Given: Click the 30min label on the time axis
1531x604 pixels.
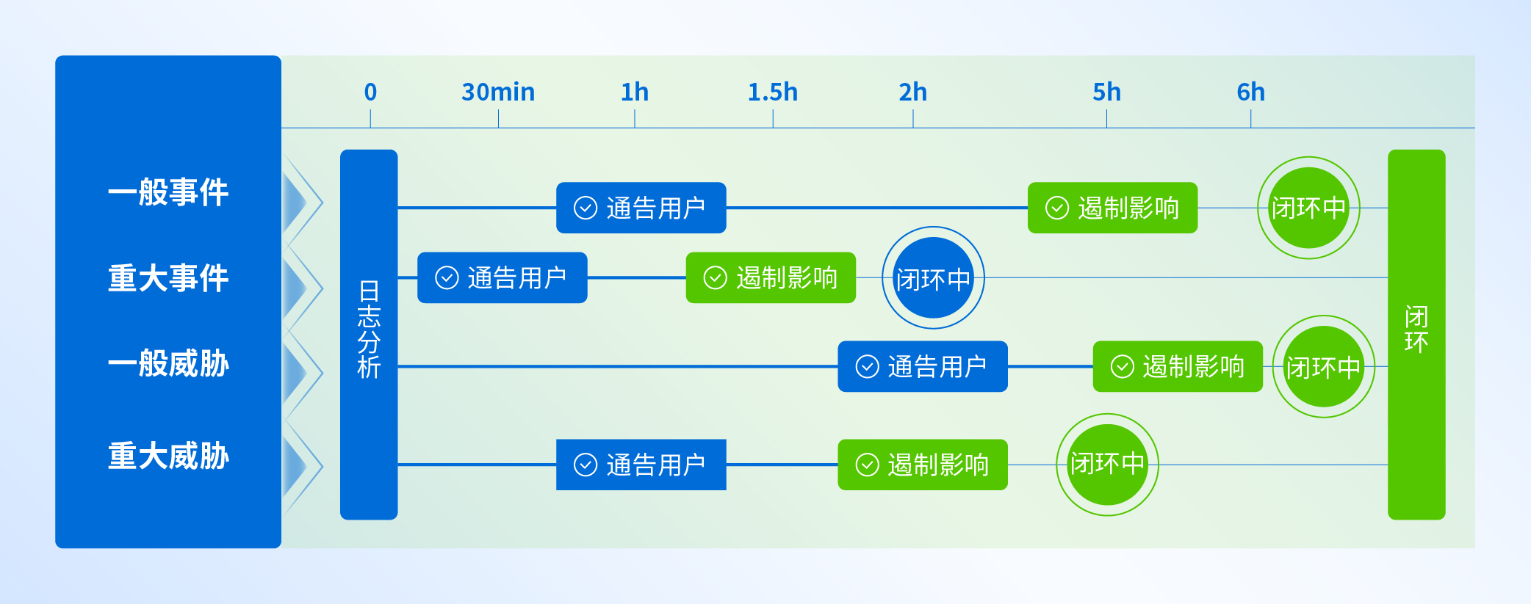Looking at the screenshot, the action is pyautogui.click(x=498, y=92).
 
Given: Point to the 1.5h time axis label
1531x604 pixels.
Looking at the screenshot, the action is pyautogui.click(x=773, y=92).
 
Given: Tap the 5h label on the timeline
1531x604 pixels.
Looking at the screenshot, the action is pyautogui.click(x=1106, y=92).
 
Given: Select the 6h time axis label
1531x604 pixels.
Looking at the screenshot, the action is pyautogui.click(x=1250, y=92).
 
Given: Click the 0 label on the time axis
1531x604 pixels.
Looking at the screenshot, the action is pyautogui.click(x=370, y=92).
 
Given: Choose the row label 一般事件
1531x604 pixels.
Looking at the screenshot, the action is pyautogui.click(x=168, y=192).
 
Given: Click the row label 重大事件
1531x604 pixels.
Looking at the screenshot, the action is pyautogui.click(x=168, y=278).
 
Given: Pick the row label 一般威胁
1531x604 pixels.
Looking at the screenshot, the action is pyautogui.click(x=168, y=363).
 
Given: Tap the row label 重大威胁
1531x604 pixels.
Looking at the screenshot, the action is pyautogui.click(x=168, y=456).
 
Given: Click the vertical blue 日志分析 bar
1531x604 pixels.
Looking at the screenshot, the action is pyautogui.click(x=369, y=335).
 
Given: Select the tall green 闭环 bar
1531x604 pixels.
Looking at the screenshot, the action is pyautogui.click(x=1416, y=335).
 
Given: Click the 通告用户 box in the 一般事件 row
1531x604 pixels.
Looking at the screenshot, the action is pyautogui.click(x=641, y=208).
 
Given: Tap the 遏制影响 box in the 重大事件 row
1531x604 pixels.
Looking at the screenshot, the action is pyautogui.click(x=771, y=277).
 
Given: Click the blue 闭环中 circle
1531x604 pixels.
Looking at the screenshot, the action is pyautogui.click(x=933, y=277).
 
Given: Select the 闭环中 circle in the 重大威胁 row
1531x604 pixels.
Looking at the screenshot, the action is pyautogui.click(x=1107, y=465).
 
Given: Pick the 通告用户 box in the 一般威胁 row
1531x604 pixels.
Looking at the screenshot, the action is pyautogui.click(x=923, y=366).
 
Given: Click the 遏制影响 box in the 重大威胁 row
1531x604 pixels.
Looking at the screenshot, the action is pyautogui.click(x=923, y=465).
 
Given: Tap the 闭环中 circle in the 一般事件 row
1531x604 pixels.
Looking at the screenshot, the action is pyautogui.click(x=1308, y=208).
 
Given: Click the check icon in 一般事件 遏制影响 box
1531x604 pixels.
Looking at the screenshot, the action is pyautogui.click(x=1056, y=208).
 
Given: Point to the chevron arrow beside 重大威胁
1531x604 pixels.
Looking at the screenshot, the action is pyautogui.click(x=303, y=465).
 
